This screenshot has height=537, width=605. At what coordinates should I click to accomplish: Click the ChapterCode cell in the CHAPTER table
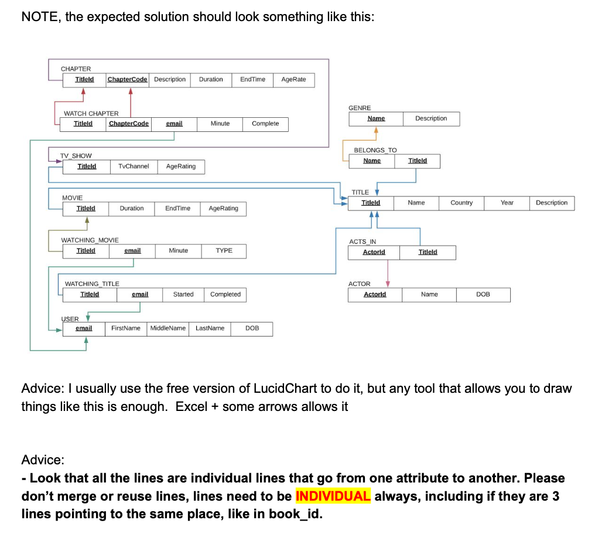tap(128, 79)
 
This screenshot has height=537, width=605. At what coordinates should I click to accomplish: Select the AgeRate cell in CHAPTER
tap(293, 79)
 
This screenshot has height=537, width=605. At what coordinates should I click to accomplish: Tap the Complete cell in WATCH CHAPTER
tap(265, 124)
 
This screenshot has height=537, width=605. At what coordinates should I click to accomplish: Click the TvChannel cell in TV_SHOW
tap(134, 166)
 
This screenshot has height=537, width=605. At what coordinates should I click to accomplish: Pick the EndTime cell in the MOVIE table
tap(177, 209)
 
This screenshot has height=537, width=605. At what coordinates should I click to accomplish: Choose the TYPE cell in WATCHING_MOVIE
tap(224, 251)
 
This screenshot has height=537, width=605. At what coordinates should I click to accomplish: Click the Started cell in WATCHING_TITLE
tap(183, 294)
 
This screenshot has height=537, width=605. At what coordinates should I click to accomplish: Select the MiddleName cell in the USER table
tap(168, 328)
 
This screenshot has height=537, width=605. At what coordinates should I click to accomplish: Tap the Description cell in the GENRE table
tap(430, 118)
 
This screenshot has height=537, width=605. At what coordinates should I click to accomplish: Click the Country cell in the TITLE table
tap(462, 203)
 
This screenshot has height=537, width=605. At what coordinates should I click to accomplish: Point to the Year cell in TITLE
tap(507, 203)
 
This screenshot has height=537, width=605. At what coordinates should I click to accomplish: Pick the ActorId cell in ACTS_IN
tap(374, 252)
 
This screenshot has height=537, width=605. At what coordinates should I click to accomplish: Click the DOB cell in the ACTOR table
tap(483, 294)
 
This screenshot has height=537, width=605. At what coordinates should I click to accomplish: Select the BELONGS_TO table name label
tap(375, 150)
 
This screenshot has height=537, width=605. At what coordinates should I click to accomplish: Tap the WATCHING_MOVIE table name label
tap(90, 240)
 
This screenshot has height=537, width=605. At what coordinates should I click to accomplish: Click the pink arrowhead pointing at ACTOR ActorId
tap(388, 284)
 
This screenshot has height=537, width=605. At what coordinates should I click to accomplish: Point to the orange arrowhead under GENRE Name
tap(376, 130)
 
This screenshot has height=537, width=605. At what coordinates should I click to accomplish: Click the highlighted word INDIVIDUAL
tap(333, 496)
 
